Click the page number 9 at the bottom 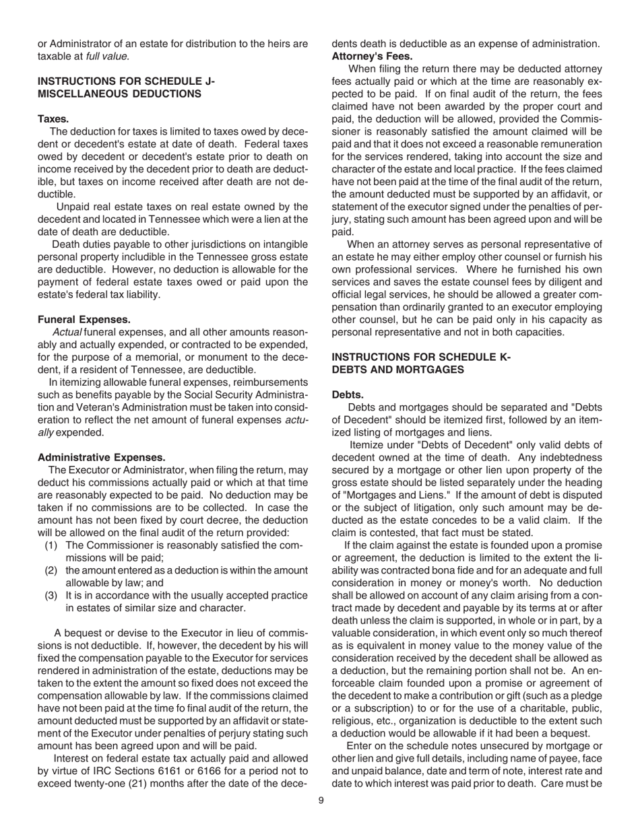point(321,800)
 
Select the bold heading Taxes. point(53,118)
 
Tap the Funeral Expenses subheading point(84,319)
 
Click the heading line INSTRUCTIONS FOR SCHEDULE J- point(126,81)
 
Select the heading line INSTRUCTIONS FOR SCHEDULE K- point(422,357)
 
